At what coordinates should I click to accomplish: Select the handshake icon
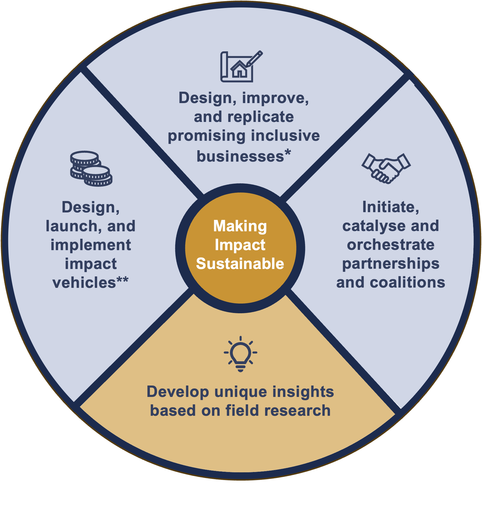pyautogui.click(x=386, y=168)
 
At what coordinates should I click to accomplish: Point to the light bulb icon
pyautogui.click(x=240, y=354)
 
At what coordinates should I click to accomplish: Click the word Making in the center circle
pyautogui.click(x=240, y=226)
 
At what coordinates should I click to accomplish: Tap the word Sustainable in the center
pyautogui.click(x=240, y=264)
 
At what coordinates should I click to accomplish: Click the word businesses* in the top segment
pyautogui.click(x=244, y=156)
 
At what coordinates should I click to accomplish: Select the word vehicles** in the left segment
pyautogui.click(x=90, y=283)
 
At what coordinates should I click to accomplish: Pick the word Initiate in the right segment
pyautogui.click(x=391, y=207)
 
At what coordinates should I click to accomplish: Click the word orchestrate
pyautogui.click(x=391, y=245)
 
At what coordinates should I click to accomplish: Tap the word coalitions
pyautogui.click(x=407, y=283)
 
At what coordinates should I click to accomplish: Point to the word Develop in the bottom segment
pyautogui.click(x=178, y=392)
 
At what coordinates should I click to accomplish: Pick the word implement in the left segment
pyautogui.click(x=91, y=245)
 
